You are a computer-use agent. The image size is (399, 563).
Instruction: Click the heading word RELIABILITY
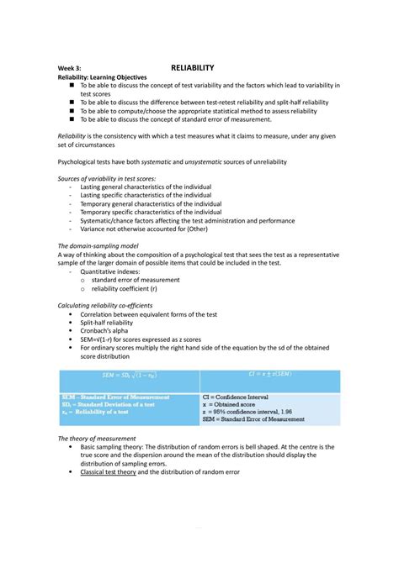[193, 66]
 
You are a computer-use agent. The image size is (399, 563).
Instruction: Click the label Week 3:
[70, 67]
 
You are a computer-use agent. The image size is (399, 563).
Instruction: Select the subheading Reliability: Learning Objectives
[102, 76]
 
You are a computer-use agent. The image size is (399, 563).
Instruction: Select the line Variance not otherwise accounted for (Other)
[146, 228]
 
